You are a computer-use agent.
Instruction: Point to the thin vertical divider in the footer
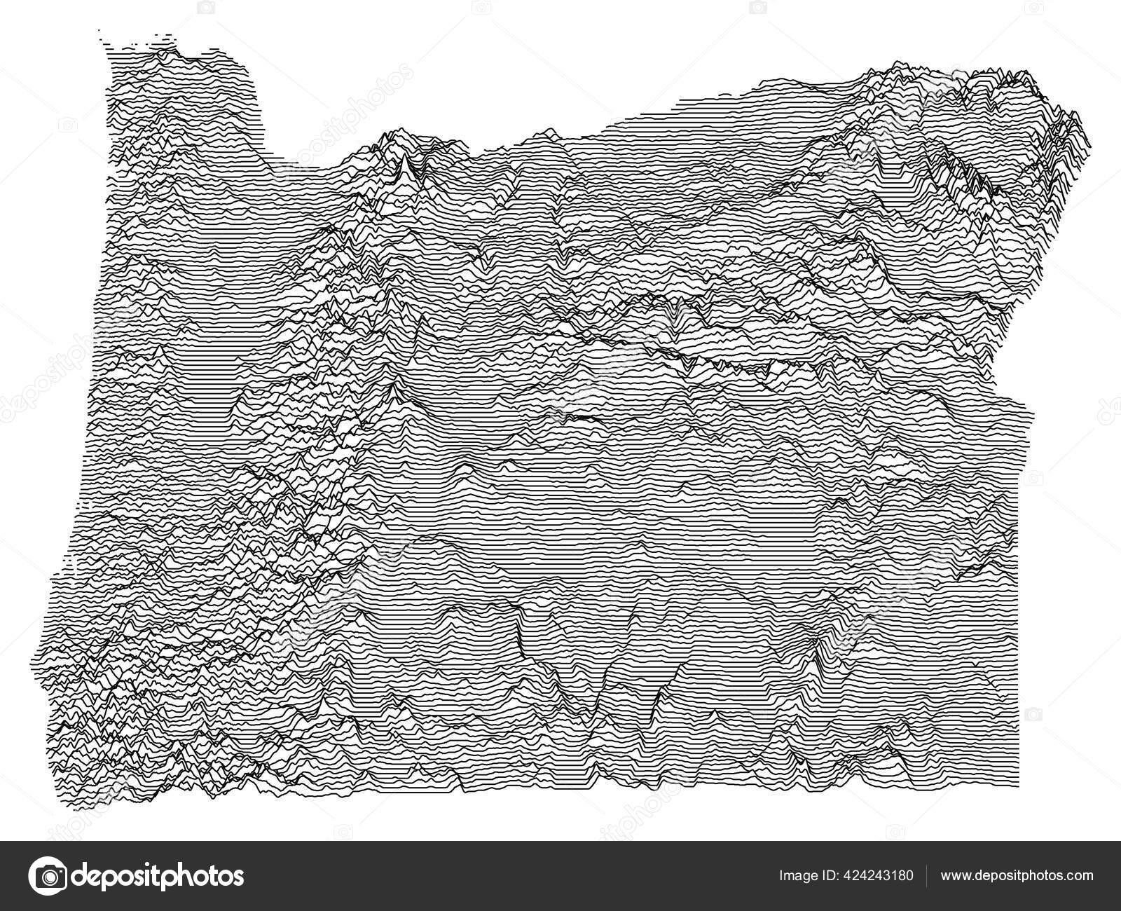click(x=928, y=876)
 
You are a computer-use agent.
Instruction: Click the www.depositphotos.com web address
click(x=1017, y=876)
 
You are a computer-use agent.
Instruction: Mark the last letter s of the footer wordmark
click(x=238, y=876)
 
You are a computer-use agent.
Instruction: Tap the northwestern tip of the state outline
click(x=102, y=32)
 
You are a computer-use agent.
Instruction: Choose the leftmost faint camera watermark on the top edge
click(x=206, y=7)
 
